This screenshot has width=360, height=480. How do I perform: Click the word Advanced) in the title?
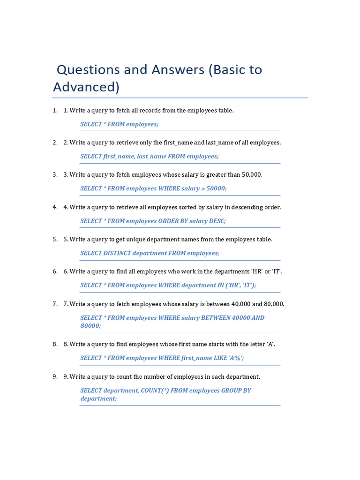(x=86, y=87)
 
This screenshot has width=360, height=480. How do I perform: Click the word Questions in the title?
(x=88, y=70)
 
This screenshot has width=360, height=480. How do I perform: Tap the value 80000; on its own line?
(x=91, y=326)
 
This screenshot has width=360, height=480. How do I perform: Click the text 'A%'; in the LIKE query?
(x=236, y=358)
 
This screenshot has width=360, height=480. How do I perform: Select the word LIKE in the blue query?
(x=219, y=358)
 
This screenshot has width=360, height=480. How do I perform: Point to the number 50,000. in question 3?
(x=252, y=175)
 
